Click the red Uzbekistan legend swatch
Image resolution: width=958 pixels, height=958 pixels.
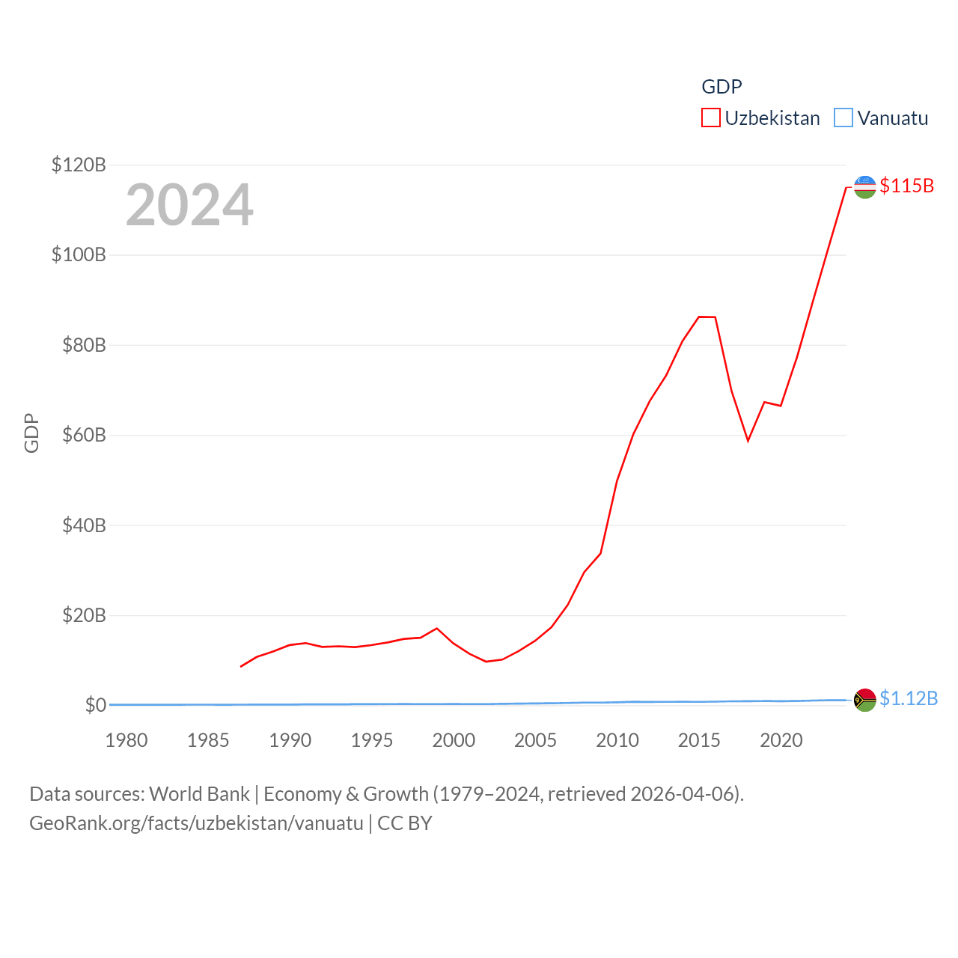[x=710, y=118]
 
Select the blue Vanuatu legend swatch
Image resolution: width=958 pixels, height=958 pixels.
[x=843, y=118]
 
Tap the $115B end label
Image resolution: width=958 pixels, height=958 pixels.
[x=906, y=186]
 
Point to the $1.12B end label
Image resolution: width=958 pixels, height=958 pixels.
[x=908, y=698]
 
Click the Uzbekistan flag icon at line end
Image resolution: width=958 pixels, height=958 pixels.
[x=864, y=187]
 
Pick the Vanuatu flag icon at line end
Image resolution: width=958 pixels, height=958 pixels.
[x=864, y=700]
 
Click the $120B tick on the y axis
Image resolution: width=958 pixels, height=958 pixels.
[x=79, y=165]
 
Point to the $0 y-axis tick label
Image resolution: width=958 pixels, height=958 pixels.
[x=95, y=705]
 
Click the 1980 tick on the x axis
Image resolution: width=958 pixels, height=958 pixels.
[x=126, y=740]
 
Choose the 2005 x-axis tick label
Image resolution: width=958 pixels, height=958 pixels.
[x=535, y=740]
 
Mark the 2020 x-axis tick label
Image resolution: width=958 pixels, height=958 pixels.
[x=781, y=740]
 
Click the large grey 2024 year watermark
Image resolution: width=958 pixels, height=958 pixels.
[x=189, y=205]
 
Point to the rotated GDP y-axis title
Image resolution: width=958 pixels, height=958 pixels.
[x=31, y=433]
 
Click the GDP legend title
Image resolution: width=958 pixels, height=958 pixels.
[x=721, y=87]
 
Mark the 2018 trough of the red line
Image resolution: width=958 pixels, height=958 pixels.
[x=748, y=440]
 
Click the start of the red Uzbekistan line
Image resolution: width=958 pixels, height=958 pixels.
[x=241, y=666]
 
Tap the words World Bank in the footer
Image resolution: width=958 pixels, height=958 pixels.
[x=199, y=793]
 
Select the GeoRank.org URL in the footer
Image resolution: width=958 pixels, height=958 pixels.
[x=196, y=823]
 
